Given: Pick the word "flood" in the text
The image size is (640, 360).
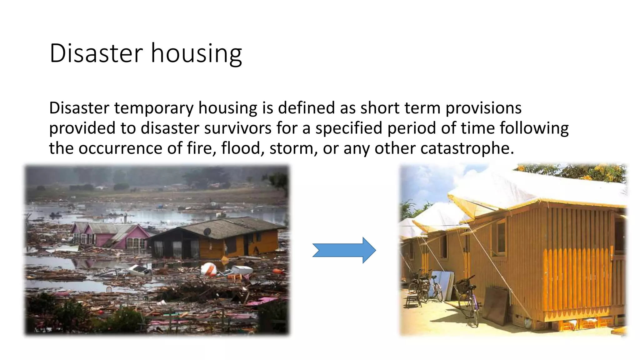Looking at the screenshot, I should click(x=241, y=148).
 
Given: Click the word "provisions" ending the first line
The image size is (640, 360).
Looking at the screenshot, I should click(x=483, y=108).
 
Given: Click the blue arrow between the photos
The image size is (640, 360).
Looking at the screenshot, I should click(x=344, y=250).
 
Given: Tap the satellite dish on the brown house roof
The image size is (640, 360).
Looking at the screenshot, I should click(x=207, y=232).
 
